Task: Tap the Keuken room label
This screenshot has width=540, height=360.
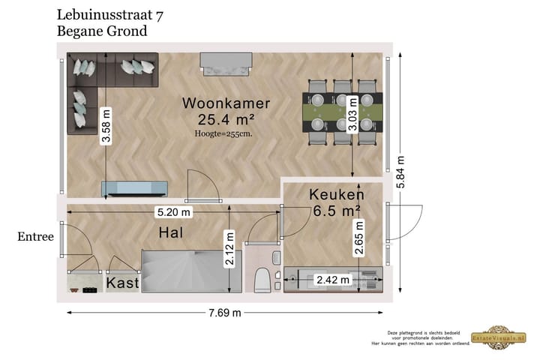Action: coord(336,195)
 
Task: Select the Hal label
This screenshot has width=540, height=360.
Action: coord(171,234)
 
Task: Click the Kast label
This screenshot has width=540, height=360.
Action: coord(122,283)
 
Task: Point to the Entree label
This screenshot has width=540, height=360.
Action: coord(36,237)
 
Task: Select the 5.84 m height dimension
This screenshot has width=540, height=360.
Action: coord(400,172)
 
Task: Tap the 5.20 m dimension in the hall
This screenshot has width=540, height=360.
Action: coord(173,212)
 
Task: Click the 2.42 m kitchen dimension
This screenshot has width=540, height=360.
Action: coord(333,280)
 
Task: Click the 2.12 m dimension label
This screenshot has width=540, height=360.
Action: coord(229,249)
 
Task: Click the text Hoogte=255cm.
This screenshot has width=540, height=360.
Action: coord(223,133)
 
